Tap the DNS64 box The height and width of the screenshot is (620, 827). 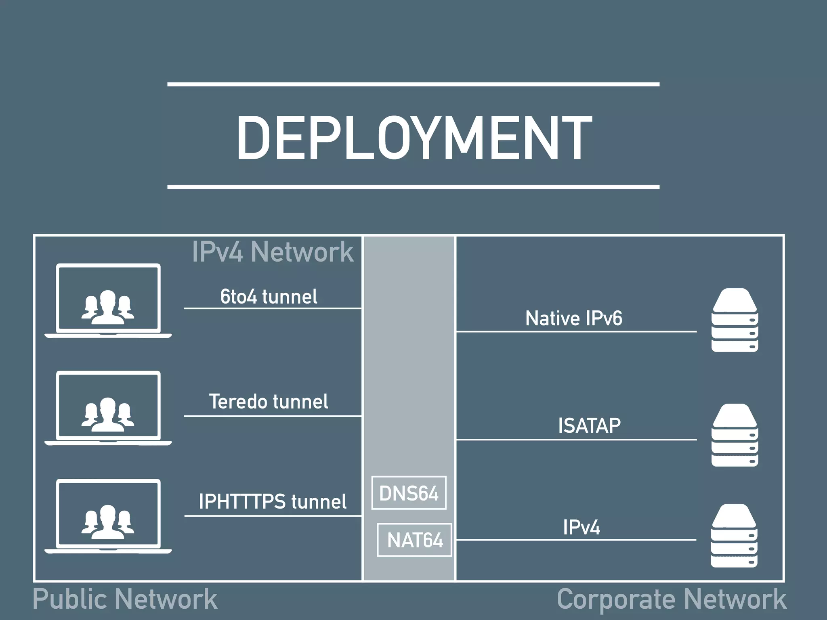[409, 493]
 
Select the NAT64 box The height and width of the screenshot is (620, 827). [414, 540]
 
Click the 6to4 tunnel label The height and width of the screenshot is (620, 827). [269, 297]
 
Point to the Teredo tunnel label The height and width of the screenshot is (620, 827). [269, 402]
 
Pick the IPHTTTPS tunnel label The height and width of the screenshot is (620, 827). [273, 502]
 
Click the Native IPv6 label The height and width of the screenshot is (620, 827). [573, 318]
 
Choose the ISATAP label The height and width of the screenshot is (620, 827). [589, 425]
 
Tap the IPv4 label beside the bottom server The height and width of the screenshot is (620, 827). [581, 527]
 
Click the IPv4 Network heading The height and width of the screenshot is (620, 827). [273, 252]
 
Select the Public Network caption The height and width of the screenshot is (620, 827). [125, 599]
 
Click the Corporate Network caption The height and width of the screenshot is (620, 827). [672, 599]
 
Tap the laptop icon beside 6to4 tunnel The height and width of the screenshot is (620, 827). [108, 301]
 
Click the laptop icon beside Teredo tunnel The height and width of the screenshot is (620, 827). [108, 408]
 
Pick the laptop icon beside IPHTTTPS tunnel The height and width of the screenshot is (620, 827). [108, 516]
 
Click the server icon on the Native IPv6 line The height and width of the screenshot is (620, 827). [735, 320]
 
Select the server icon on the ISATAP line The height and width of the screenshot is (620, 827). [735, 435]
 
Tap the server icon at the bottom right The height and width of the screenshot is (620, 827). [734, 536]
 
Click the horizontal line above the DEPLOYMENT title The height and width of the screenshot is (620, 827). [413, 84]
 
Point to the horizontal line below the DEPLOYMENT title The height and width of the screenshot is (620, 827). [413, 187]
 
